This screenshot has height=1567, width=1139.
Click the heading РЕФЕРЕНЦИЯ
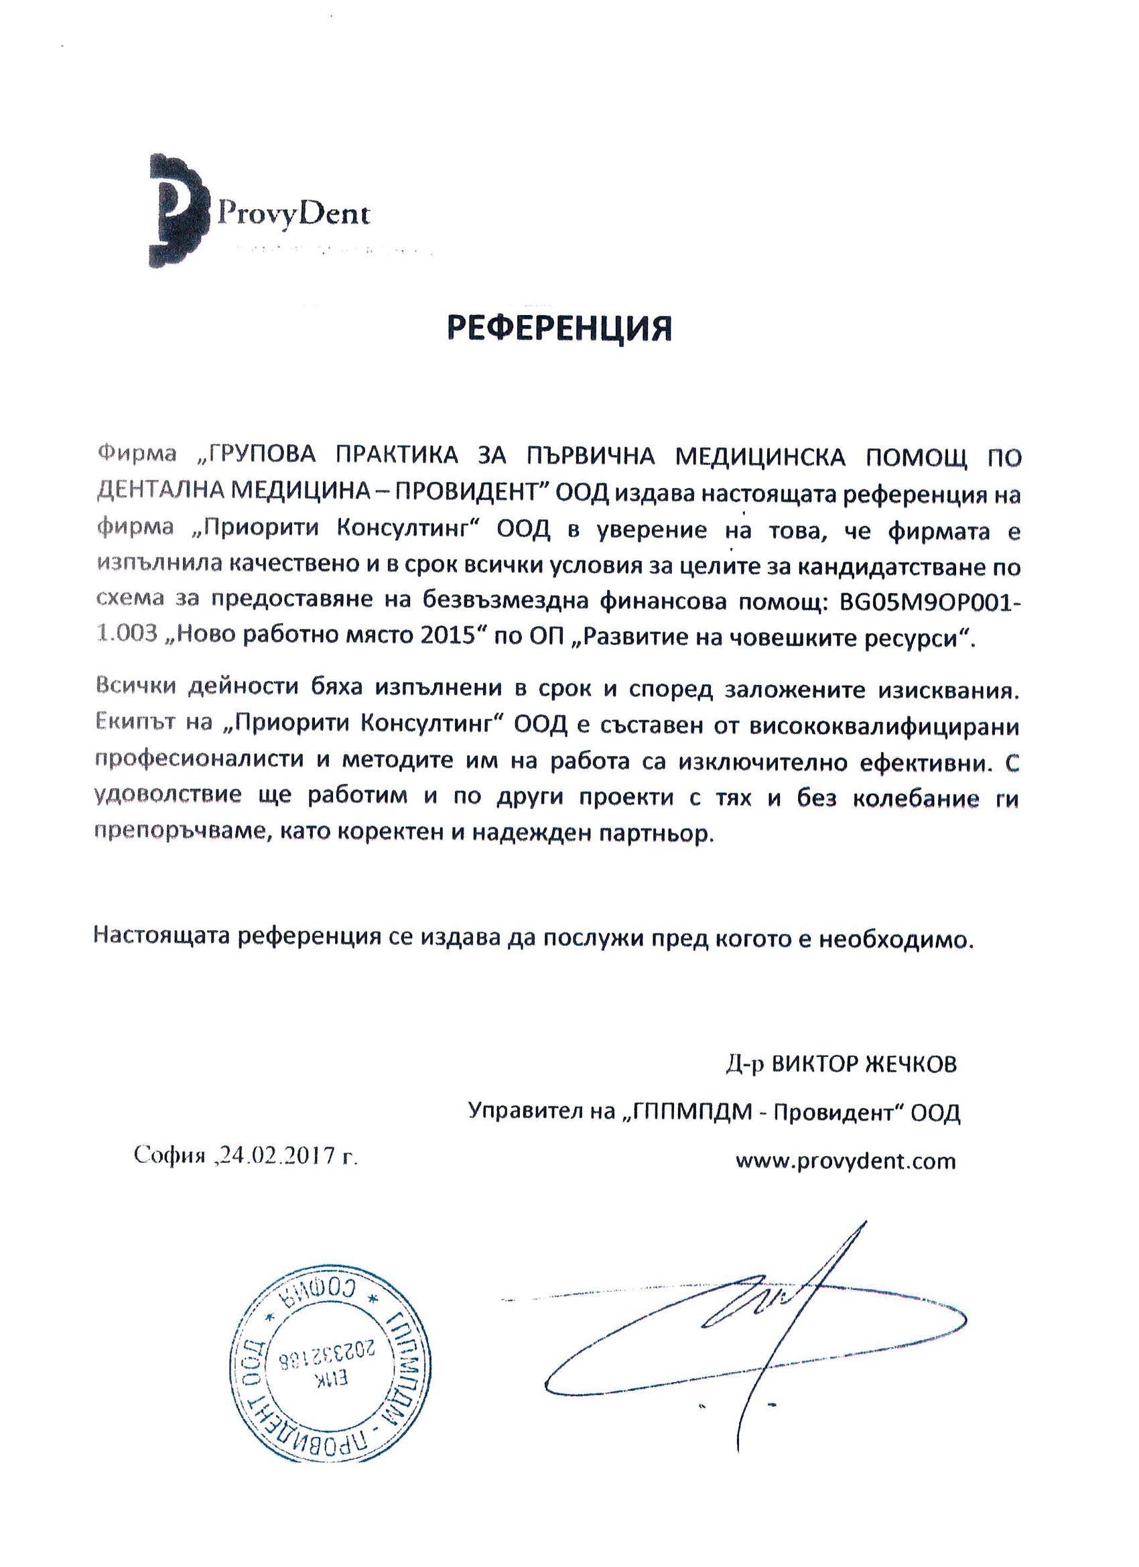[559, 329]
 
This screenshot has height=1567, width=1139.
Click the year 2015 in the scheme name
[440, 637]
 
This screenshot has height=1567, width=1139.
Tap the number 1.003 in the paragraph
[126, 637]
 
